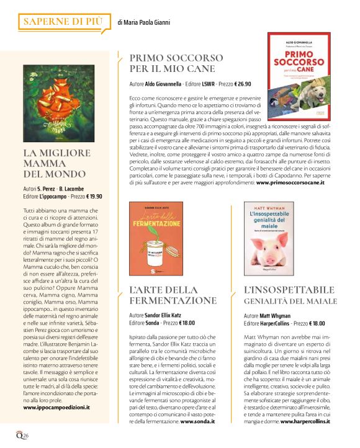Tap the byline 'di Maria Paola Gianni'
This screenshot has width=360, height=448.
point(143,23)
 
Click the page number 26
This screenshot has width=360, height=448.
point(25,434)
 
